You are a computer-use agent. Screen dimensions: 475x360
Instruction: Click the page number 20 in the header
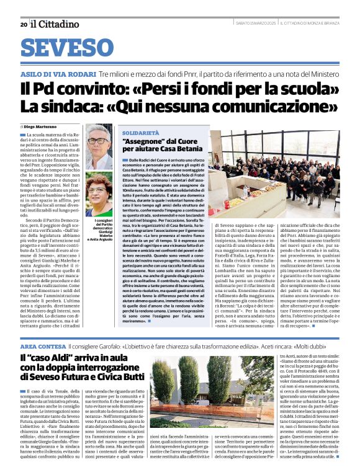tap(24, 24)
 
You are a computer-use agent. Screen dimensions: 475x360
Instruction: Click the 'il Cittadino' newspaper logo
tap(56, 24)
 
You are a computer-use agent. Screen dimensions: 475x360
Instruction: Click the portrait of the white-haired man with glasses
tap(98, 145)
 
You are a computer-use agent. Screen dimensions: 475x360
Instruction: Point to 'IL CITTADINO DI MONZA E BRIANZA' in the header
tap(310, 24)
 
